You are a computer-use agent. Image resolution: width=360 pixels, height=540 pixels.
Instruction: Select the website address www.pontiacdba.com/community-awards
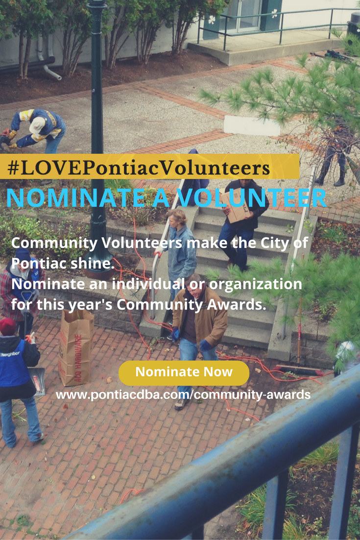click(x=183, y=394)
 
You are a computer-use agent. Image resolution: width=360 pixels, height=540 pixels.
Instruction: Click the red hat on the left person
click(x=7, y=326)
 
